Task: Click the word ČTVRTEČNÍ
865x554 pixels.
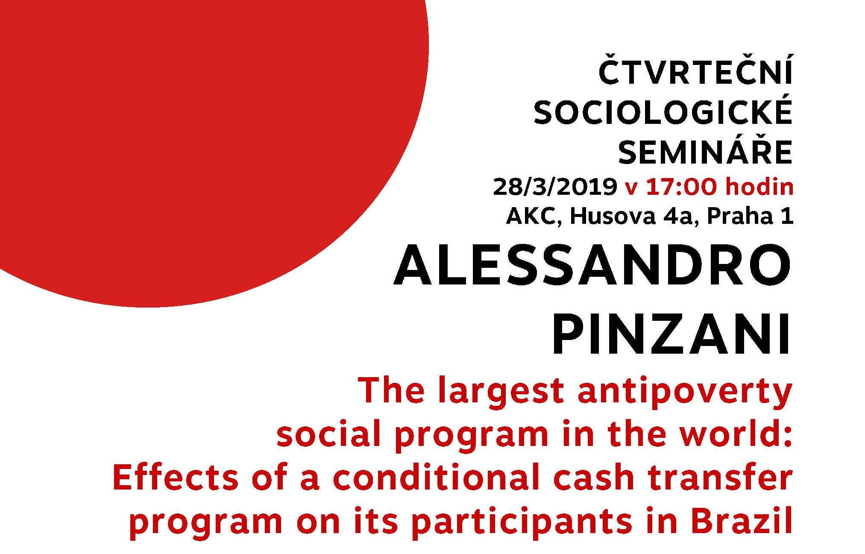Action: point(695,69)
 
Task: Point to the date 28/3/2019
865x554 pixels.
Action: point(555,187)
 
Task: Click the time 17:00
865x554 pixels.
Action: point(681,187)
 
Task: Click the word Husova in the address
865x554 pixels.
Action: point(613,216)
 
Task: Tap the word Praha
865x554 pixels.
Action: point(740,216)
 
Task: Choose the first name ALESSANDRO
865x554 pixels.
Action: point(592,266)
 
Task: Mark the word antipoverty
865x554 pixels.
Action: point(685,392)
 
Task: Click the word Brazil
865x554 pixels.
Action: point(742,520)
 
